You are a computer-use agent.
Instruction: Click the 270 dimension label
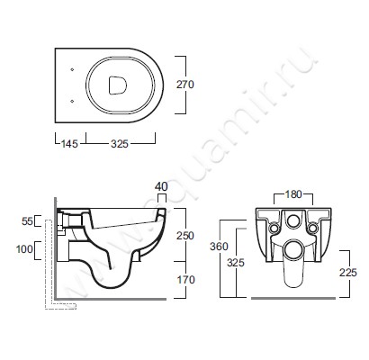[185, 85]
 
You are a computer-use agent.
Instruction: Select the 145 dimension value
[69, 144]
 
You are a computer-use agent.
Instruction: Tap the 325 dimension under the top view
[120, 144]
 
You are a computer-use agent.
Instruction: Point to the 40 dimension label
[161, 186]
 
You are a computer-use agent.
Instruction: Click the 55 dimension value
[27, 221]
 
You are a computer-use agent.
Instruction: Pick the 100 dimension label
[24, 248]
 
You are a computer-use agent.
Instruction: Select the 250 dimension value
[185, 236]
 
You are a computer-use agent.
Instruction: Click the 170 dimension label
[186, 280]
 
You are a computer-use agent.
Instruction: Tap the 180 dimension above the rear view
[293, 194]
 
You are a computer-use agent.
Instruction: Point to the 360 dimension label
[219, 247]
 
